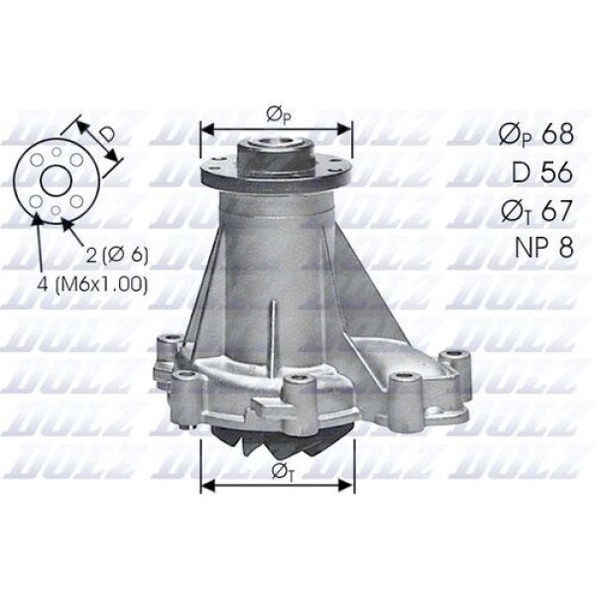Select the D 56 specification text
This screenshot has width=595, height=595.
click(539, 173)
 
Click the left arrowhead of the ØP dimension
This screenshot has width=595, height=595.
click(206, 128)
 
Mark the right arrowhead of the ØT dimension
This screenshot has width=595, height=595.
click(348, 485)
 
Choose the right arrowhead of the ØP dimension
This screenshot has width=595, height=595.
click(348, 128)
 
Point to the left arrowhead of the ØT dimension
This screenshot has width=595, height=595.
click(206, 485)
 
